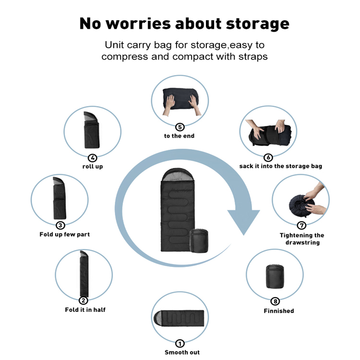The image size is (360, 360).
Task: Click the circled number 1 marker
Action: click(x=180, y=343)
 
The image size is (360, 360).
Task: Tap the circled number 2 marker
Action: click(x=84, y=300)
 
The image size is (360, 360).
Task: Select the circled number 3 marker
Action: click(x=60, y=225)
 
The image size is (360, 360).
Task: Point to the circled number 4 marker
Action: click(x=93, y=158)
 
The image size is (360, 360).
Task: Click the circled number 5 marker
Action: click(x=180, y=127)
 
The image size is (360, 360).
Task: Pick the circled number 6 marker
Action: click(x=268, y=157)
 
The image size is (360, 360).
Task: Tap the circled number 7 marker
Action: click(x=301, y=226)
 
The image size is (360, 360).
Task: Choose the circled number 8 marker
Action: click(x=275, y=301)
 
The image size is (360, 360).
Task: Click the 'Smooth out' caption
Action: click(x=182, y=352)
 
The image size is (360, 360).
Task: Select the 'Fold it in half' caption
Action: click(x=85, y=310)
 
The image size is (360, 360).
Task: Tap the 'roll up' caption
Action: click(x=93, y=167)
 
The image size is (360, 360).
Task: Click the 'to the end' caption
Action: click(x=179, y=136)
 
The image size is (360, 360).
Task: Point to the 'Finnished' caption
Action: click(x=279, y=311)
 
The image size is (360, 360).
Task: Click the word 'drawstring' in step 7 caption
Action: click(x=302, y=243)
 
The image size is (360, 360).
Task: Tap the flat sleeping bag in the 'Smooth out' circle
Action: click(x=180, y=318)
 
